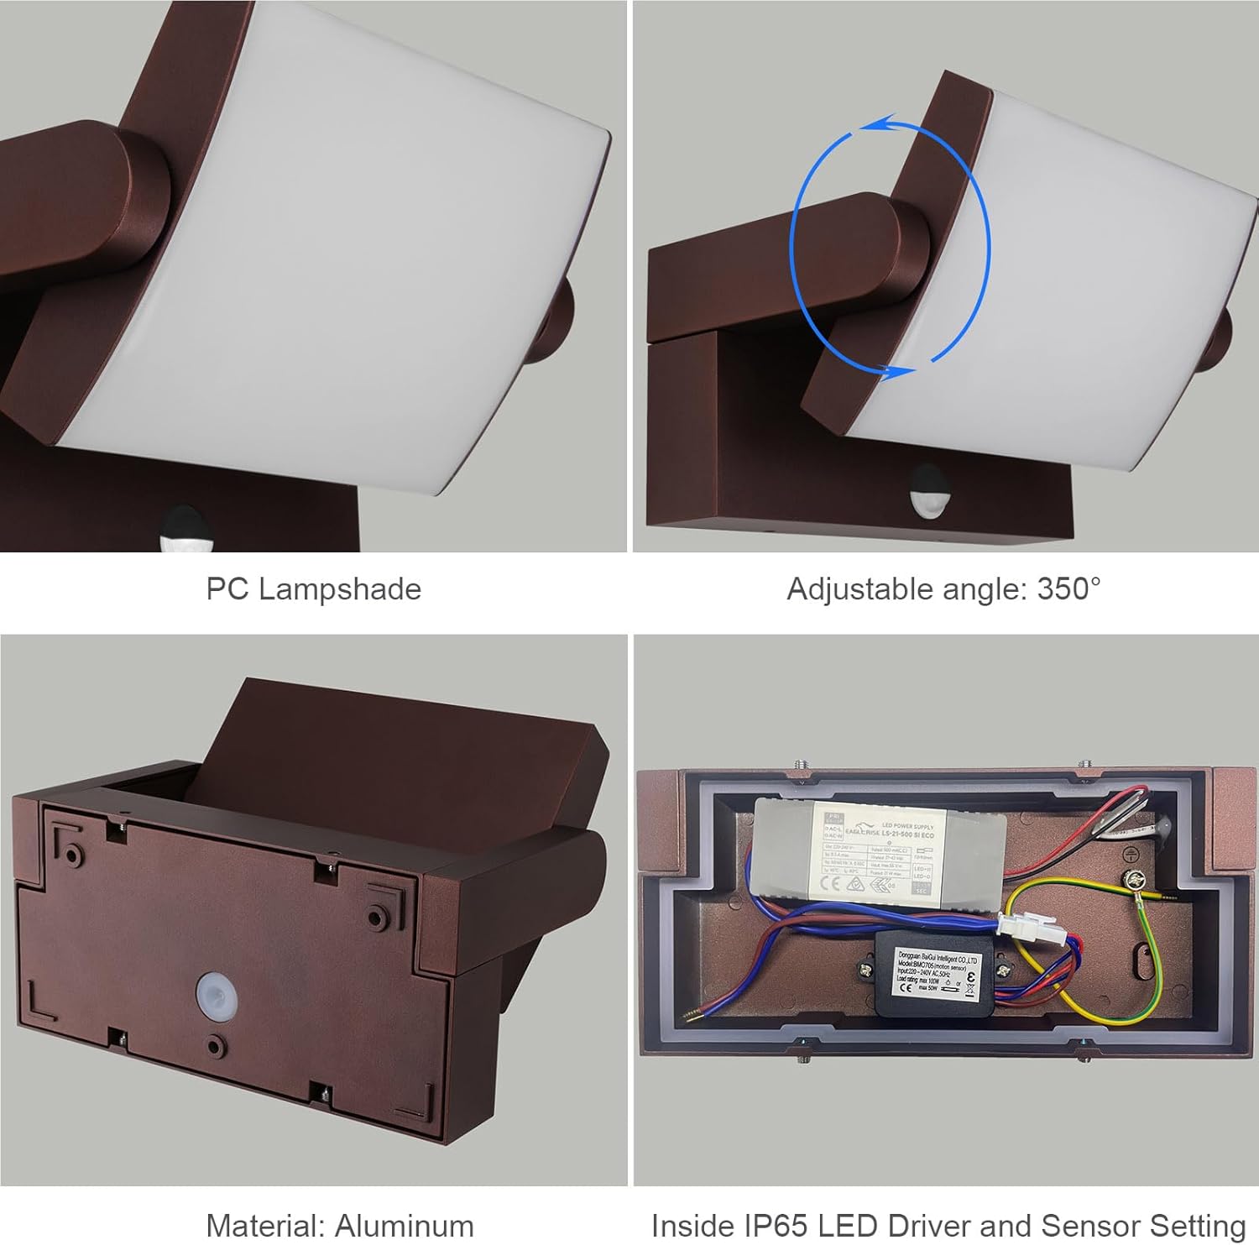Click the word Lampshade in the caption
pos(340,589)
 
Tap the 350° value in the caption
pos(1068,589)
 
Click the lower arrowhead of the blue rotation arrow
pos(901,370)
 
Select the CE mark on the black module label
pos(906,987)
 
